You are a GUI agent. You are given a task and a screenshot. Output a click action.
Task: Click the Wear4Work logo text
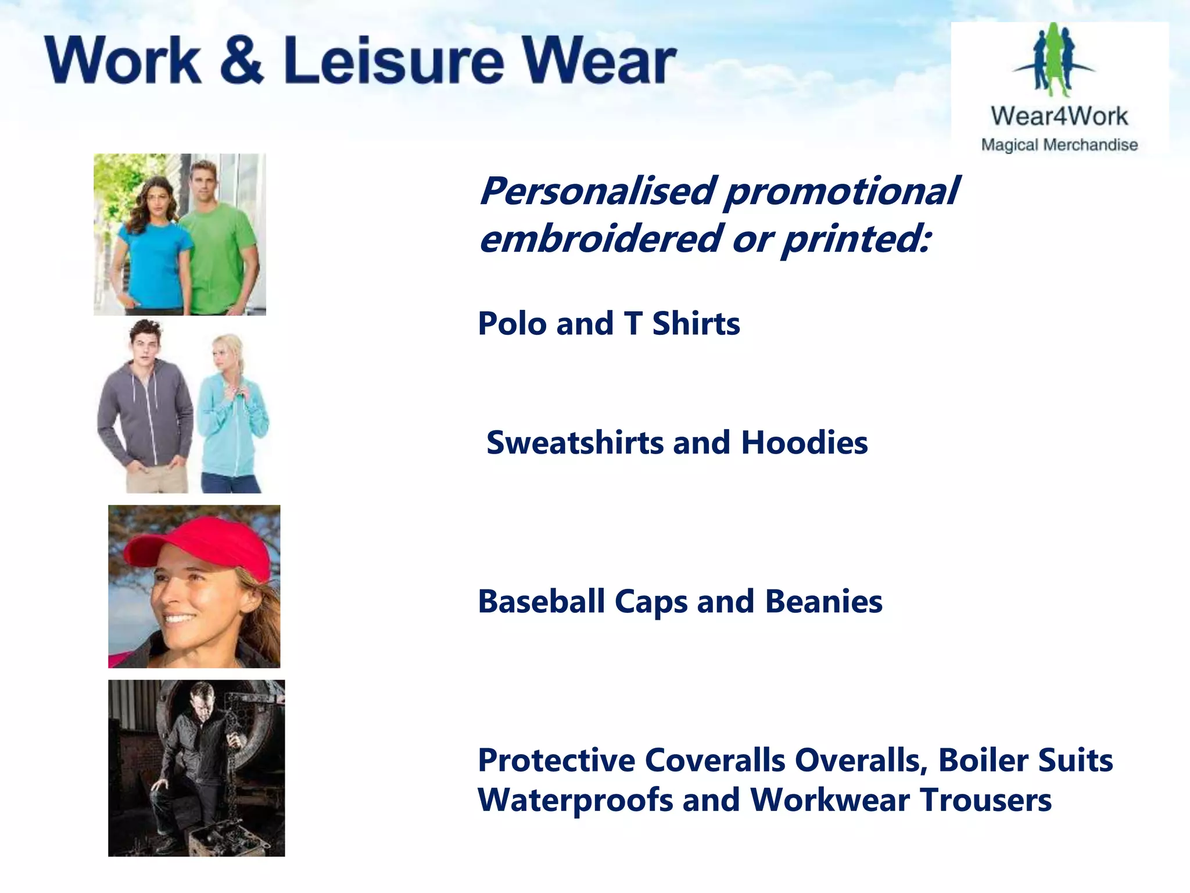click(x=1059, y=116)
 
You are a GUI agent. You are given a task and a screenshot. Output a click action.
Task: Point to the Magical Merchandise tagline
click(x=1059, y=145)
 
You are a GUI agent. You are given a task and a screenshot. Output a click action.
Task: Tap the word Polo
click(x=512, y=323)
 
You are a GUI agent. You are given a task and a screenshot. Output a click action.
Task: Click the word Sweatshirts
click(x=575, y=442)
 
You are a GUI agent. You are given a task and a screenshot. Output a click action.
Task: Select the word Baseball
click(x=541, y=601)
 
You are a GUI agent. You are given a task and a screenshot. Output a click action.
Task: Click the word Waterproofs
click(x=575, y=800)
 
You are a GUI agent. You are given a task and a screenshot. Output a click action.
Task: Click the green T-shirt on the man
click(x=218, y=256)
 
